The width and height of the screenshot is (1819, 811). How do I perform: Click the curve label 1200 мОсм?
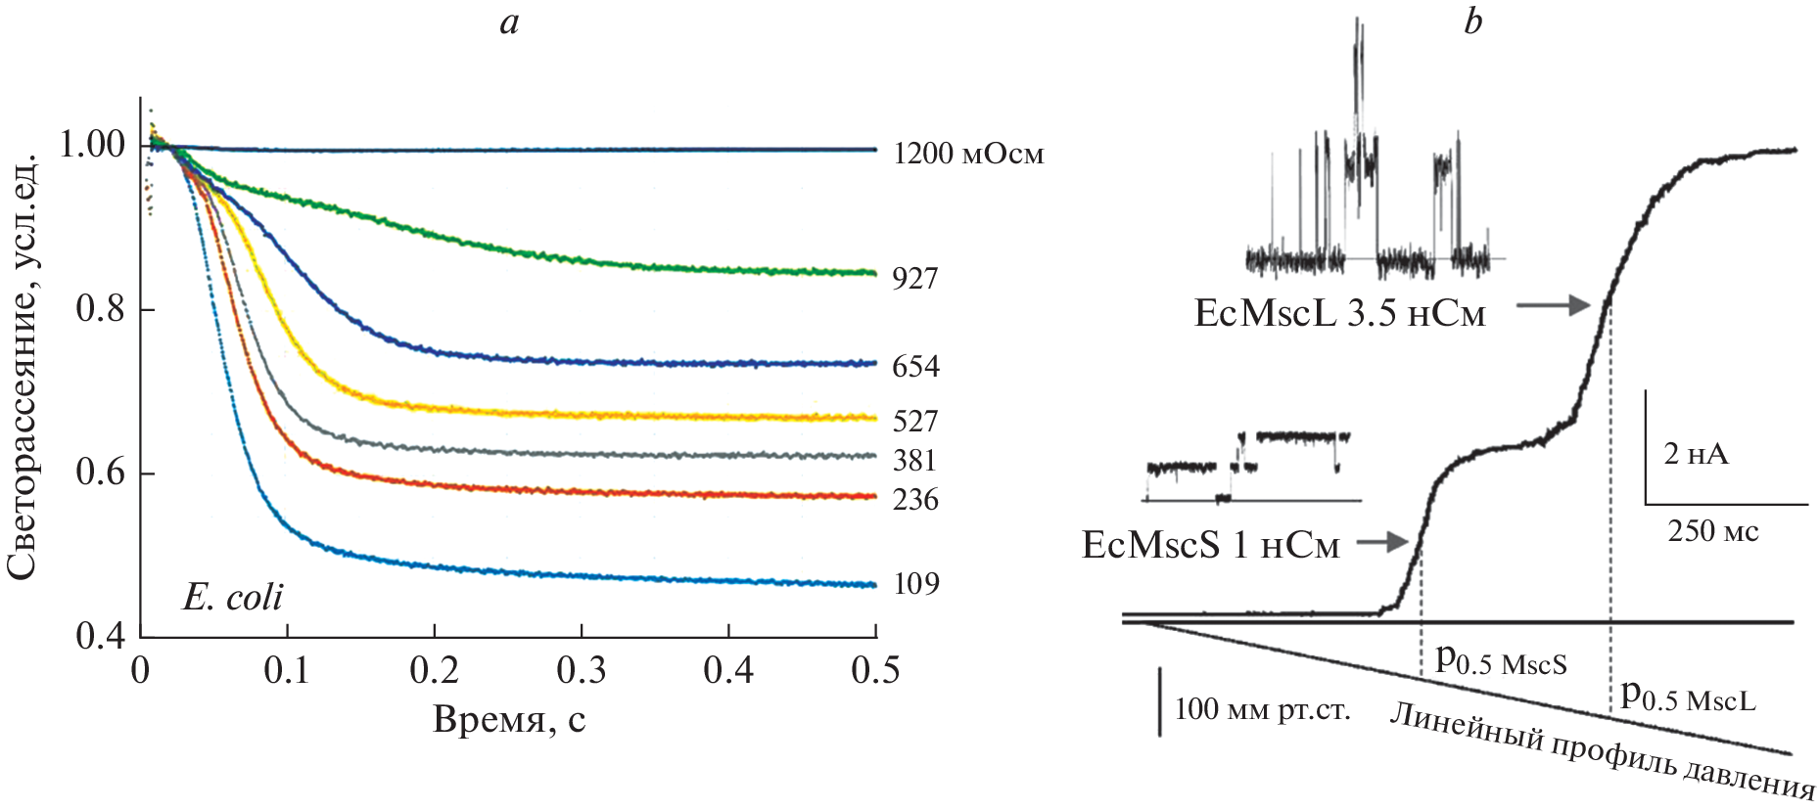968,154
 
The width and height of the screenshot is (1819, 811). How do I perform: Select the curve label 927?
914,279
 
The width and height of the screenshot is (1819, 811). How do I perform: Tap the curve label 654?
914,366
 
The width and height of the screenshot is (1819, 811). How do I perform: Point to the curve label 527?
914,422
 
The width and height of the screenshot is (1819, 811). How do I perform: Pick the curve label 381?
914,461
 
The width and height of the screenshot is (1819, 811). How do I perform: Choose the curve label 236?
914,500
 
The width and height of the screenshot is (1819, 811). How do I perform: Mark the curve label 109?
914,584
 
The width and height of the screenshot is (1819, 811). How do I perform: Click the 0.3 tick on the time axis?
582,671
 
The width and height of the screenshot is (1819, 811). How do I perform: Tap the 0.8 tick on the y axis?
101,309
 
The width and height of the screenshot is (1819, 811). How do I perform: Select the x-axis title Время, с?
509,720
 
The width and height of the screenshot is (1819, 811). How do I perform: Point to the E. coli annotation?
232,597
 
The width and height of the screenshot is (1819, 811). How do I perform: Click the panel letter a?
509,22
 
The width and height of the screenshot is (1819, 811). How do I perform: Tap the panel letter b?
1472,22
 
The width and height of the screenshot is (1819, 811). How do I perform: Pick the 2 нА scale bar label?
1696,454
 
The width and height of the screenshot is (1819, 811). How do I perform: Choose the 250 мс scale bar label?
1713,531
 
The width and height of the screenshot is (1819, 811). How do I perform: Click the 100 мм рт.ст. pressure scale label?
1262,708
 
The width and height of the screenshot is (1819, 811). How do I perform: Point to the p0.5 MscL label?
1688,696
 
